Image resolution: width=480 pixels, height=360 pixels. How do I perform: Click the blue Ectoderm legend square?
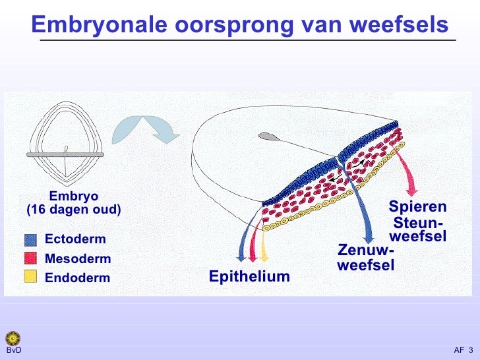click(x=30, y=239)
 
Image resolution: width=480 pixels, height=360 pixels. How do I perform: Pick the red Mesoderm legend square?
click(x=30, y=258)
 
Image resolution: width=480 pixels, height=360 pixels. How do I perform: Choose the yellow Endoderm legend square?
click(x=30, y=277)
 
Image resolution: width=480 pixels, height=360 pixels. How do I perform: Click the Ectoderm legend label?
click(x=75, y=239)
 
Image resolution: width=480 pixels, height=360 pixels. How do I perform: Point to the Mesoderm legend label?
click(x=78, y=258)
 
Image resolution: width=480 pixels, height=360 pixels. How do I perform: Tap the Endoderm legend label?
click(x=78, y=278)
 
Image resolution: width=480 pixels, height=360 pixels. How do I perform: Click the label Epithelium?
click(x=249, y=276)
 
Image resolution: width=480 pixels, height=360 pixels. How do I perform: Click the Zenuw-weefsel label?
click(x=365, y=258)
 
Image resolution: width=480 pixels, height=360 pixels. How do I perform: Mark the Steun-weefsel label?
click(x=418, y=229)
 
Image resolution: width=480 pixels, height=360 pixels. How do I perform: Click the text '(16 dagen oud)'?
click(x=74, y=210)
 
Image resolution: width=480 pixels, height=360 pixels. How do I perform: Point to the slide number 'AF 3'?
click(x=463, y=349)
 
